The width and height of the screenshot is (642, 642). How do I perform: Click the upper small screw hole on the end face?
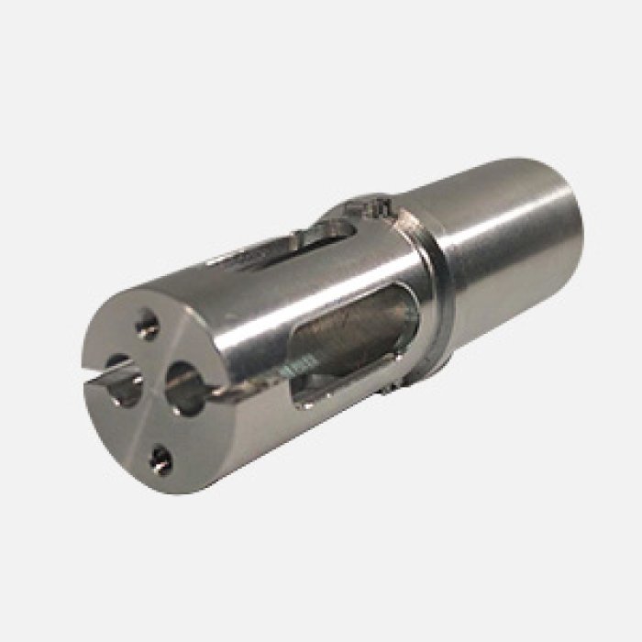click(147, 322)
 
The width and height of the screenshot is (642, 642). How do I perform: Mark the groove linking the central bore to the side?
click(225, 395)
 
